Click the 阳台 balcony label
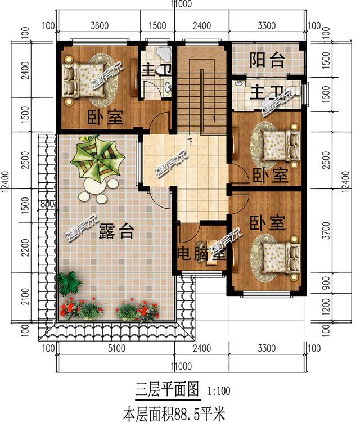click(267, 61)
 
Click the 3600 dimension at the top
click(98, 25)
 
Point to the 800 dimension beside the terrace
click(47, 204)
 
